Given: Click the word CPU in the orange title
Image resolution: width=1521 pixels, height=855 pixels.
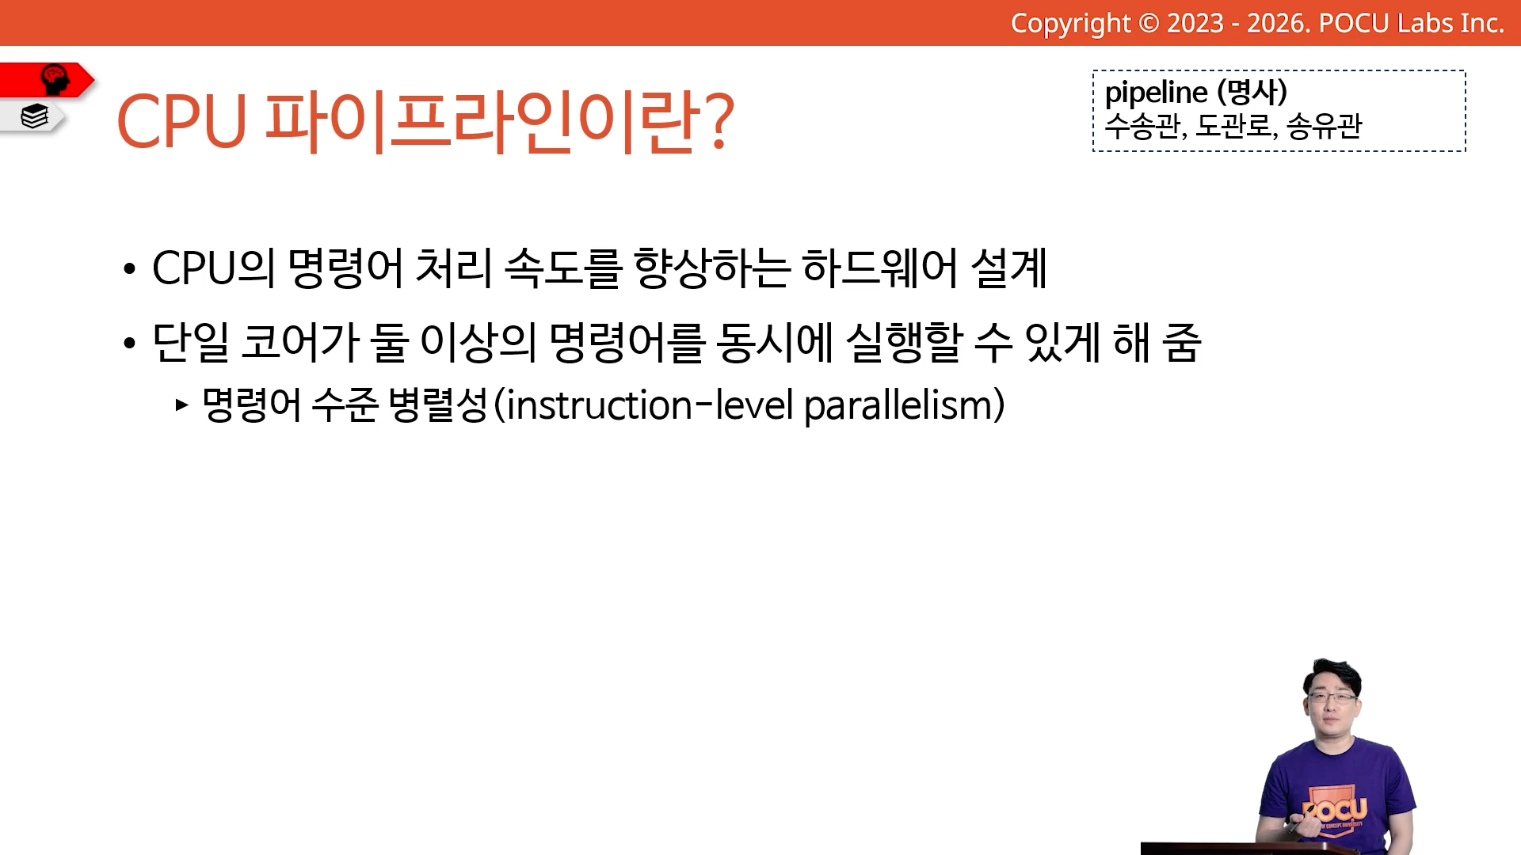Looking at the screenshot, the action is [x=182, y=121].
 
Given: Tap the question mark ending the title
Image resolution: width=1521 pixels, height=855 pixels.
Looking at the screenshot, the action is [x=719, y=120].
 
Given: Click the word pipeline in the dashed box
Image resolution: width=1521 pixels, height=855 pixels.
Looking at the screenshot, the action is [x=1156, y=93].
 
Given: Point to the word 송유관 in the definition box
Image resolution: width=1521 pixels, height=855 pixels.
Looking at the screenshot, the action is [x=1324, y=126].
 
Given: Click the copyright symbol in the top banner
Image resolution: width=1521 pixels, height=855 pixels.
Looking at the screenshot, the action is [x=1149, y=24].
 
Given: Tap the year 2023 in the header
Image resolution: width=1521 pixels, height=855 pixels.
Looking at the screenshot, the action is [x=1195, y=24].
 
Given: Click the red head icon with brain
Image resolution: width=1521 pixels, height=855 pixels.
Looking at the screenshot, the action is [x=55, y=80].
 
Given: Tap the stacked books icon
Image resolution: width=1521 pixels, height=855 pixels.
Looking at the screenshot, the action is [x=34, y=116].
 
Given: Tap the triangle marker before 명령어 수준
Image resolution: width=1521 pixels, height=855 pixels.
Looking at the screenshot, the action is [x=182, y=405].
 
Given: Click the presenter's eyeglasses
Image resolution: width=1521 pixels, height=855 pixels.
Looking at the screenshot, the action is [x=1332, y=697].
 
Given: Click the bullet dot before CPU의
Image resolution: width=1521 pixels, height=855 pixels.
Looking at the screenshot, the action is [x=129, y=269].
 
